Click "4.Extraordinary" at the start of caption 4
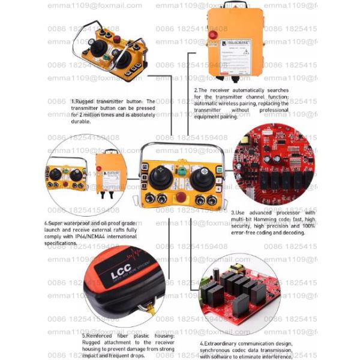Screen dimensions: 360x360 tap(220, 344)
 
